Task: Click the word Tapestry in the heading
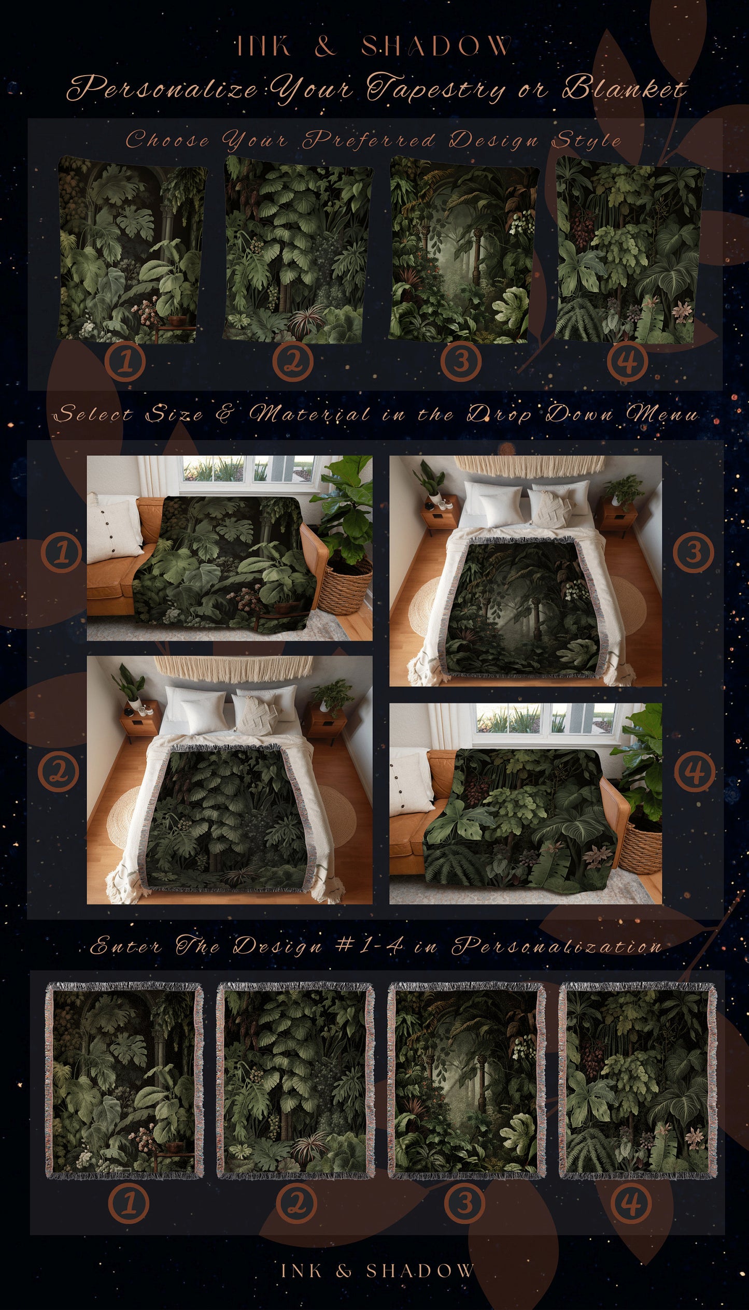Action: pyautogui.click(x=435, y=88)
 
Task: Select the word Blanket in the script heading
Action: pyautogui.click(x=625, y=88)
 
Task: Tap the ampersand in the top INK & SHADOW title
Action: pyautogui.click(x=325, y=46)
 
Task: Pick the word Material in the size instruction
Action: pyautogui.click(x=310, y=414)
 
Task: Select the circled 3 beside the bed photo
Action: pyautogui.click(x=694, y=552)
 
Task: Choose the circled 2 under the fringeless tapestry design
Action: pyautogui.click(x=293, y=361)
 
